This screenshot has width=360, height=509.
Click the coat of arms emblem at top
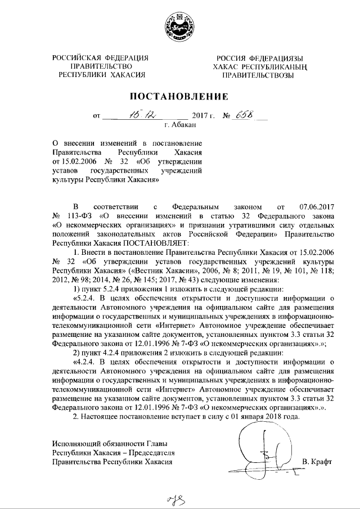click(179, 29)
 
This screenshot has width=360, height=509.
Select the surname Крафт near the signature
click(317, 462)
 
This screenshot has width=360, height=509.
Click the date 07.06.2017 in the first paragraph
click(316, 207)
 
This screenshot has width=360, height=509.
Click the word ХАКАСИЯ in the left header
click(128, 74)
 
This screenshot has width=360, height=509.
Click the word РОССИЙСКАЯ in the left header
click(76, 58)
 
